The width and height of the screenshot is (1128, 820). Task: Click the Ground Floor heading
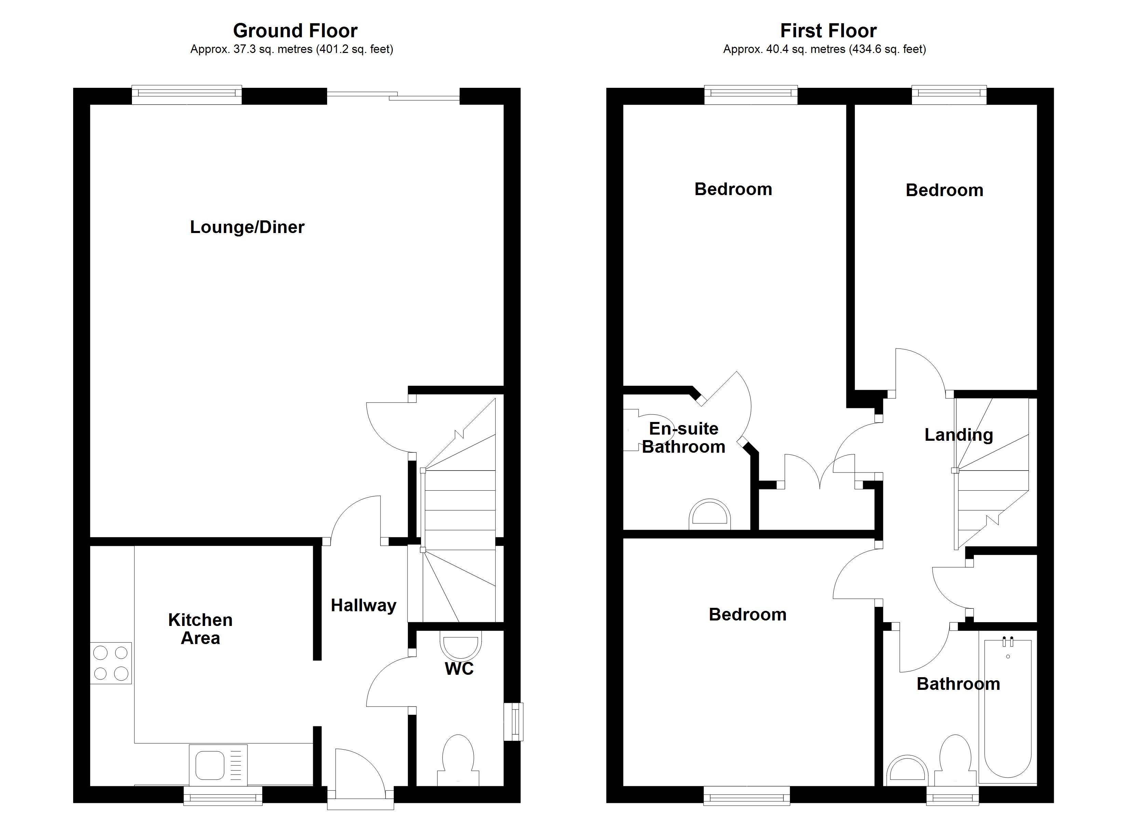click(x=295, y=31)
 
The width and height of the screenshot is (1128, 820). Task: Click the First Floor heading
click(x=828, y=31)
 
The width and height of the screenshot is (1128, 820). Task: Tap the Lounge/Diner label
click(x=247, y=227)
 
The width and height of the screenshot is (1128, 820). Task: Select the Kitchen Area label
click(x=200, y=629)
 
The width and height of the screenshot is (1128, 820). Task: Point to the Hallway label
click(x=364, y=605)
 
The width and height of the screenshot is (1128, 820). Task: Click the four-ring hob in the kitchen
click(x=111, y=663)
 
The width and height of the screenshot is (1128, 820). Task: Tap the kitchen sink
click(x=218, y=765)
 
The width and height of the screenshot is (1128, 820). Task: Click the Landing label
click(x=958, y=435)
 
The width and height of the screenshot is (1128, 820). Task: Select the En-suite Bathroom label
click(x=683, y=438)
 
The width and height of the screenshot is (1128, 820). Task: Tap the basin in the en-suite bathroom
click(x=710, y=515)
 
